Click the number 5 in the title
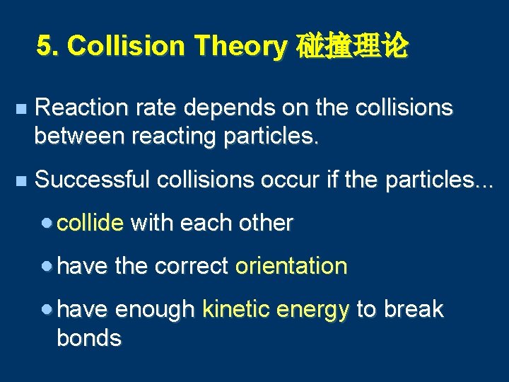tap(45, 47)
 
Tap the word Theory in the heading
tap(240, 47)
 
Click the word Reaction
tap(79, 108)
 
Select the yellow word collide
tap(90, 223)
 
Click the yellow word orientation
tap(291, 266)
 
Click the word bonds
tap(89, 338)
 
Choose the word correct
tap(191, 266)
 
